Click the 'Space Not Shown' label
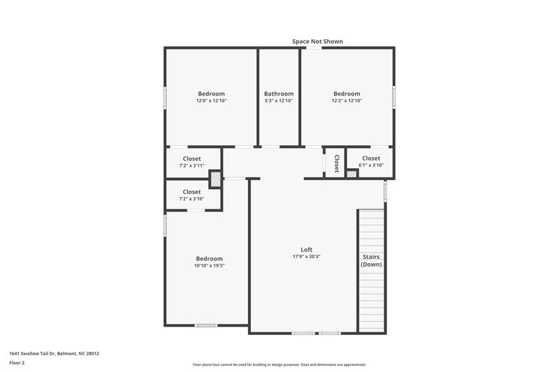pyautogui.click(x=317, y=42)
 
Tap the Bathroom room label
pyautogui.click(x=279, y=94)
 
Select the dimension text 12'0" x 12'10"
pyautogui.click(x=211, y=101)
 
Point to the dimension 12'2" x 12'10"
pyautogui.click(x=347, y=101)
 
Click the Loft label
pyautogui.click(x=306, y=250)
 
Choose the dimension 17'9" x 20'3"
pyautogui.click(x=306, y=257)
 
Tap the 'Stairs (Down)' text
pyautogui.click(x=371, y=260)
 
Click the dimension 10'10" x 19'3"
pyautogui.click(x=209, y=265)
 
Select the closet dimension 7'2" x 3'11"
pyautogui.click(x=191, y=165)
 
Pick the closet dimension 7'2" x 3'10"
pyautogui.click(x=191, y=199)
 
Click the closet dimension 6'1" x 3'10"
pyautogui.click(x=370, y=165)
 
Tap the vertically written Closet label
pyautogui.click(x=336, y=163)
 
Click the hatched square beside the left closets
pyautogui.click(x=216, y=179)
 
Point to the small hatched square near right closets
pyautogui.click(x=351, y=173)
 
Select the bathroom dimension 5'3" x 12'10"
pyautogui.click(x=279, y=101)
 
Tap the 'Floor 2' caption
pyautogui.click(x=17, y=363)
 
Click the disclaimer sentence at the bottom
pyautogui.click(x=279, y=364)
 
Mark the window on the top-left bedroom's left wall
pyautogui.click(x=165, y=97)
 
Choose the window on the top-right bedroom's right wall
pyautogui.click(x=394, y=96)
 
